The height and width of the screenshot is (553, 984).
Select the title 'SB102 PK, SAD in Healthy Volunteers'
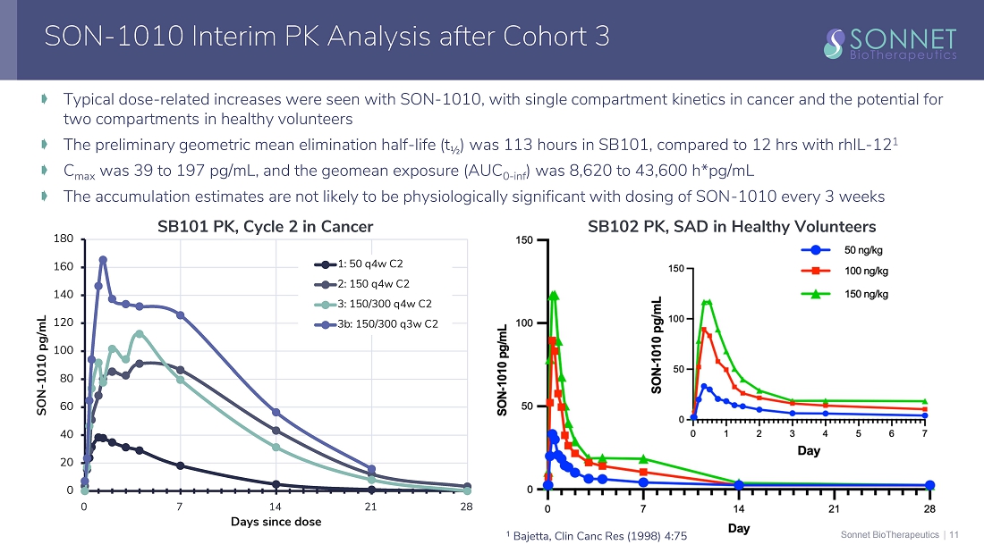(x=731, y=227)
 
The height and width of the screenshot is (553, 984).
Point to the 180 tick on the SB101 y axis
(x=63, y=239)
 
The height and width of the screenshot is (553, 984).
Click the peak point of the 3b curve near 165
(x=103, y=260)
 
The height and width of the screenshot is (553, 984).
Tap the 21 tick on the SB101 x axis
(x=370, y=506)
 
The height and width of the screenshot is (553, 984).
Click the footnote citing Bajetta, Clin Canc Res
(x=596, y=535)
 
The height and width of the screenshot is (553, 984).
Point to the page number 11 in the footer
(x=954, y=535)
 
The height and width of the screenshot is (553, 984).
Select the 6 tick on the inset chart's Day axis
(x=891, y=433)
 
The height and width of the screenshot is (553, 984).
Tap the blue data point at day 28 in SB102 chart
(x=929, y=485)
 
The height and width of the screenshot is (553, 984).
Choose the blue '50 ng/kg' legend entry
(x=864, y=249)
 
